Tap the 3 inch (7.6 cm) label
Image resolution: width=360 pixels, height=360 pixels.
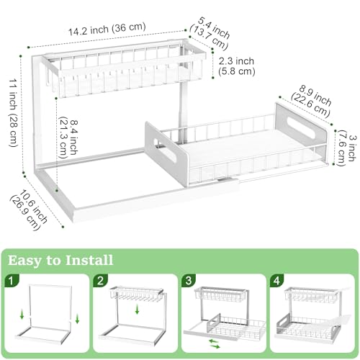346,148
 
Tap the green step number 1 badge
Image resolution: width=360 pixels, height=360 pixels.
12,279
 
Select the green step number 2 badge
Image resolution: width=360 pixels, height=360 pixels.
99,279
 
